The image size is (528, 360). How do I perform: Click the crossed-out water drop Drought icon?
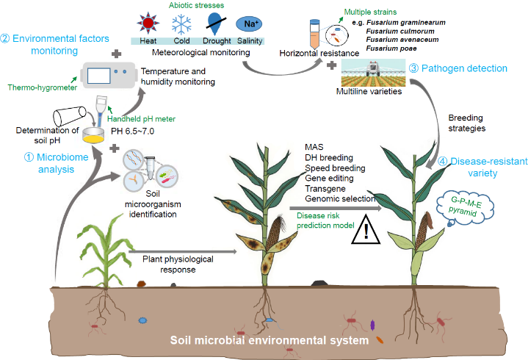click(x=211, y=24)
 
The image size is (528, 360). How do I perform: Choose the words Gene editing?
click(x=328, y=177)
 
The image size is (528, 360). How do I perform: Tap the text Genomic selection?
click(x=339, y=198)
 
